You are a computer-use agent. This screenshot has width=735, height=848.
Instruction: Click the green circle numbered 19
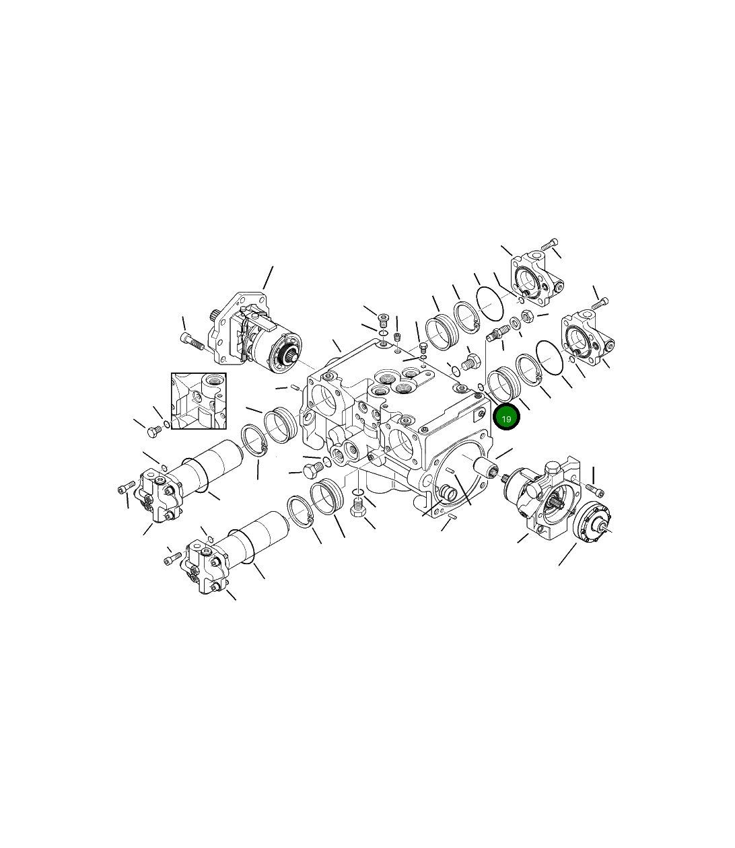pyautogui.click(x=506, y=418)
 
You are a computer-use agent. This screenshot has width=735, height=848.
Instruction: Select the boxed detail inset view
pyautogui.click(x=199, y=401)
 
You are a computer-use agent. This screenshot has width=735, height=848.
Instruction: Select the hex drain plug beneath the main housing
pyautogui.click(x=358, y=514)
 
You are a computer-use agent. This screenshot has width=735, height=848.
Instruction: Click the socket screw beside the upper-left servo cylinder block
pyautogui.click(x=125, y=488)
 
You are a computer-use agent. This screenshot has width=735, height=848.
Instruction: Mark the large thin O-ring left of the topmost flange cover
pyautogui.click(x=490, y=304)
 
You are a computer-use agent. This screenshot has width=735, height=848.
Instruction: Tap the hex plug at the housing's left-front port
pyautogui.click(x=312, y=470)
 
